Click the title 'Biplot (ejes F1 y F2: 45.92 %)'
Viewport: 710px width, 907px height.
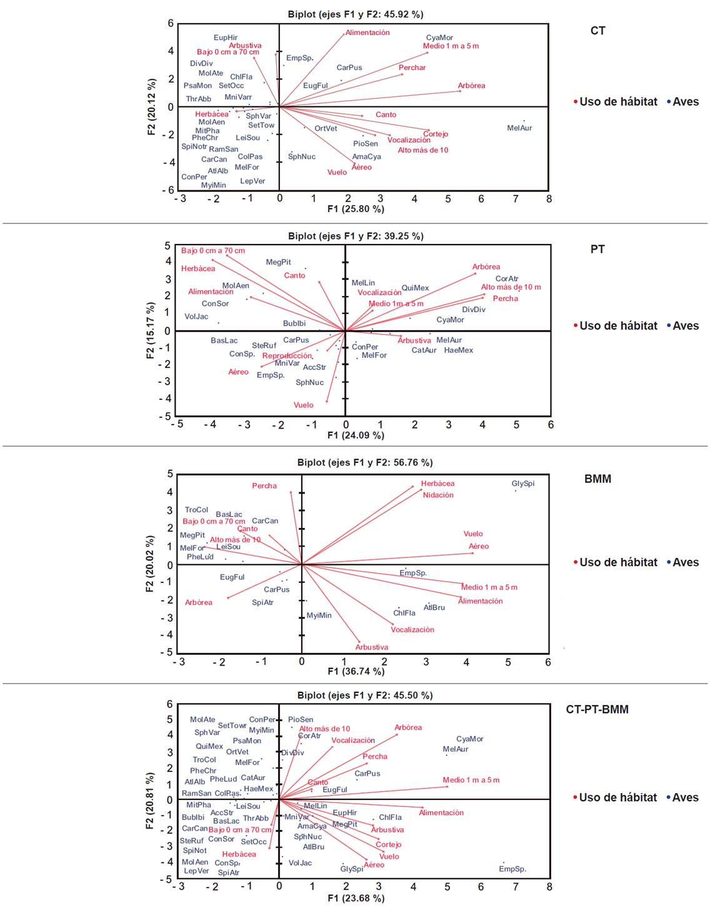click(355, 14)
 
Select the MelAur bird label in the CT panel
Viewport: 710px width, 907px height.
click(519, 128)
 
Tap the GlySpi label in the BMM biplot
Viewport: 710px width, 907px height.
click(523, 484)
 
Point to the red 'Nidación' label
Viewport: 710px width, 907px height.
click(438, 495)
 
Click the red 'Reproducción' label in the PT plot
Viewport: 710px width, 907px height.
click(287, 356)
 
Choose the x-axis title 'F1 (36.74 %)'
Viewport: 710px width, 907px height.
click(356, 671)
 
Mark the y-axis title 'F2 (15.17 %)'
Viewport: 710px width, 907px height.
click(150, 330)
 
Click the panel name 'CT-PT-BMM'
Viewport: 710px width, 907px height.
click(597, 709)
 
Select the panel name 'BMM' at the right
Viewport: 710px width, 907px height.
click(597, 479)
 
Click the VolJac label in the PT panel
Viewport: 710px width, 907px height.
click(196, 317)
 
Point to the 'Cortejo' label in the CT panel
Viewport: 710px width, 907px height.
click(436, 134)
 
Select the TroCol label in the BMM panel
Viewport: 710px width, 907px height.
click(196, 510)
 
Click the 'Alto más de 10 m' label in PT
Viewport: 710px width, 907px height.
click(511, 287)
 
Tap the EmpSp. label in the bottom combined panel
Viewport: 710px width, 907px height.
click(512, 869)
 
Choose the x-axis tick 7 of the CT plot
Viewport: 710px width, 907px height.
click(516, 199)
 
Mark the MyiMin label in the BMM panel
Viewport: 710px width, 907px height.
click(319, 616)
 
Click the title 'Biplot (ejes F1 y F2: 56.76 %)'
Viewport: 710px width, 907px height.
click(364, 462)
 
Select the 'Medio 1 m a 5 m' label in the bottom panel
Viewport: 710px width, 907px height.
click(471, 780)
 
